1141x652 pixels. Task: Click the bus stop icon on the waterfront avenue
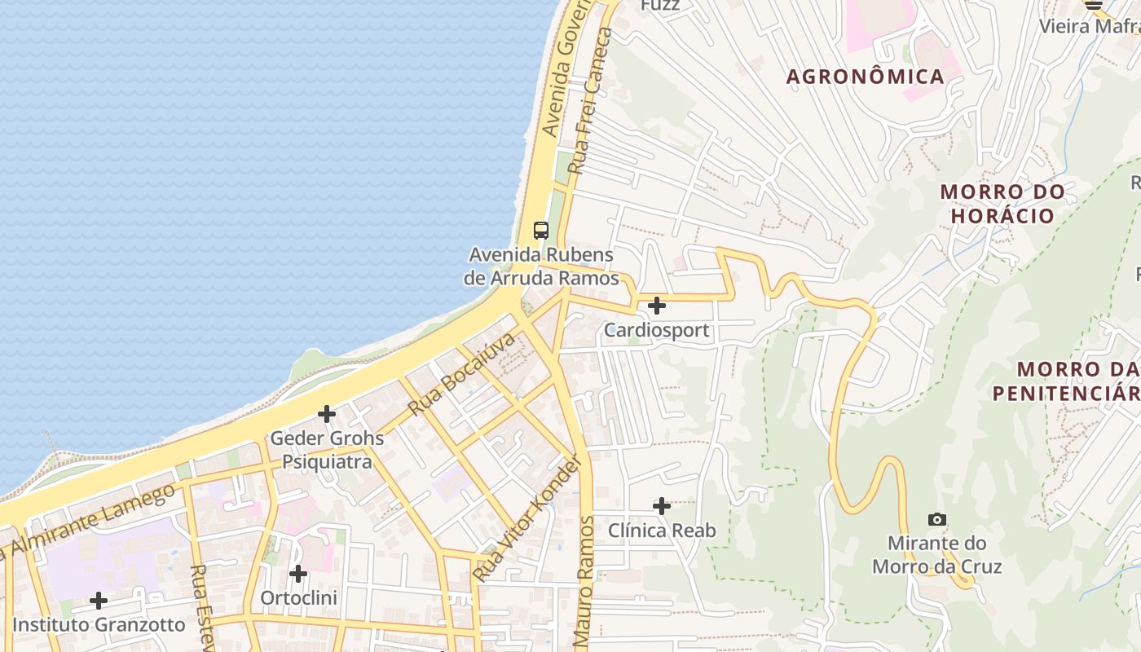541,231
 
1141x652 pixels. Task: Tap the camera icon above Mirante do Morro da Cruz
937,519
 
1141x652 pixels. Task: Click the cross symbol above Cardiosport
656,306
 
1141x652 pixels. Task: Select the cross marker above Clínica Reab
662,506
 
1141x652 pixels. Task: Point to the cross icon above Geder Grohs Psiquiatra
327,414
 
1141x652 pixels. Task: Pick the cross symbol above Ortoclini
298,574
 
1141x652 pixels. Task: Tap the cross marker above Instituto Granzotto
99,601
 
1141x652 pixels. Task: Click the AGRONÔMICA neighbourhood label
865,77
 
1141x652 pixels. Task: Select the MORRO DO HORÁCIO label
1002,204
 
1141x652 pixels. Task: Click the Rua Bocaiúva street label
461,373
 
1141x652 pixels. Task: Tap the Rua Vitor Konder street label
529,518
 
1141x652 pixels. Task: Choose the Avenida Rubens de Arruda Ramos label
541,267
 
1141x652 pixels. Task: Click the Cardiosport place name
656,331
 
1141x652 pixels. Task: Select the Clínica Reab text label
662,531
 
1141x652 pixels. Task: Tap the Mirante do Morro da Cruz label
936,554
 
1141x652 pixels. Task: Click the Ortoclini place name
298,598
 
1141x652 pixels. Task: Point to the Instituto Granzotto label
99,625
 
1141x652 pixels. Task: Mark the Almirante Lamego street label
90,522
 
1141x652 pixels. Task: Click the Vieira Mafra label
1090,26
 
